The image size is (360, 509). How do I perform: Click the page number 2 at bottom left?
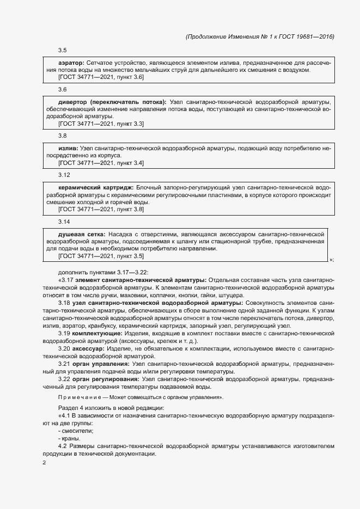[44, 463]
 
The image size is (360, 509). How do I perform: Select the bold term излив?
[68, 148]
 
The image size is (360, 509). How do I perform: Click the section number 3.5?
[62, 51]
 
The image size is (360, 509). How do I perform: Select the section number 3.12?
[64, 175]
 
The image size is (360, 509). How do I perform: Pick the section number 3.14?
[64, 222]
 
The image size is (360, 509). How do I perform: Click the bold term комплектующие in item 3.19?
[95, 333]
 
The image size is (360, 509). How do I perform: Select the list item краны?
[71, 439]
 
